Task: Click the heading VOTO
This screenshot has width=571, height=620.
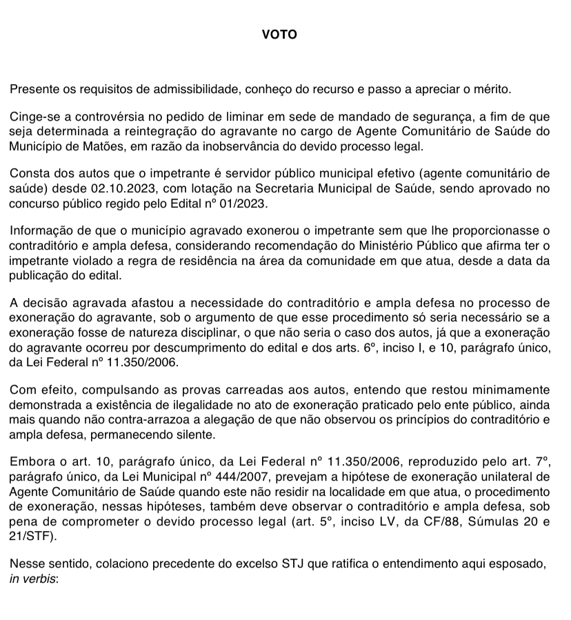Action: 279,34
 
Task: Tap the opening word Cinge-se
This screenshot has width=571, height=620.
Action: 32,117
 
